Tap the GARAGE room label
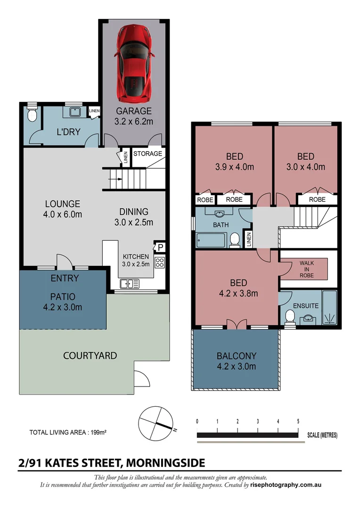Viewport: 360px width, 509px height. tap(134, 111)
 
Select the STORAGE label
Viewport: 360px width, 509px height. tap(147, 154)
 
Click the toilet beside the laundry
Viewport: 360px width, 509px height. tap(32, 115)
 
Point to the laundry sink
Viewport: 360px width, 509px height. tap(74, 112)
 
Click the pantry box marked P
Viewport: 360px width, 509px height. tap(160, 247)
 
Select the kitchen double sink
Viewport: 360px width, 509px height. tap(130, 284)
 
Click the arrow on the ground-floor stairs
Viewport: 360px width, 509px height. tap(118, 179)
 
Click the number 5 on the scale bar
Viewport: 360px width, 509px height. tap(298, 421)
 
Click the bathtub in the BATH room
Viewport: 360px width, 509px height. tap(211, 240)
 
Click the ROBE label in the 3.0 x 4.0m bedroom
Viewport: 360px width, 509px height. tap(317, 199)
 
